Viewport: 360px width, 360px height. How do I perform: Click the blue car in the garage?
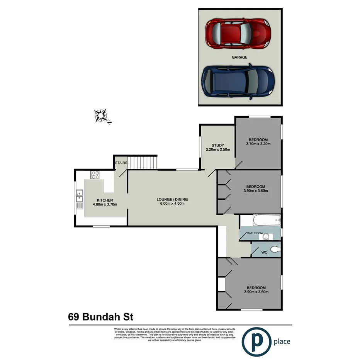238,82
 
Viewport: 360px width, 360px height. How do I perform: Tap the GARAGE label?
239,57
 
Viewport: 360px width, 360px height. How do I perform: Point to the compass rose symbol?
102,115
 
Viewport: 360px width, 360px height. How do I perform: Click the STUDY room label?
218,145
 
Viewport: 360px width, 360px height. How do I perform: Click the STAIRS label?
121,163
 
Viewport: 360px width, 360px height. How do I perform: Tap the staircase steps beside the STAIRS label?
143,162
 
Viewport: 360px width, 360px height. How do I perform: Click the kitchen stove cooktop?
95,175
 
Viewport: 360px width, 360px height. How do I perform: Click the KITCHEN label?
105,200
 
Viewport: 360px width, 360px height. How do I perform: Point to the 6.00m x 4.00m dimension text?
172,204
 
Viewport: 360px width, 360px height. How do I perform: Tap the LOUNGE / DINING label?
172,199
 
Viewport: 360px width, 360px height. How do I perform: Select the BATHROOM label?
255,233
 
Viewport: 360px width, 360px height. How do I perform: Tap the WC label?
264,252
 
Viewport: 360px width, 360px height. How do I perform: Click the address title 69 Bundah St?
101,317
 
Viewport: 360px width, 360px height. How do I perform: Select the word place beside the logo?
282,341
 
